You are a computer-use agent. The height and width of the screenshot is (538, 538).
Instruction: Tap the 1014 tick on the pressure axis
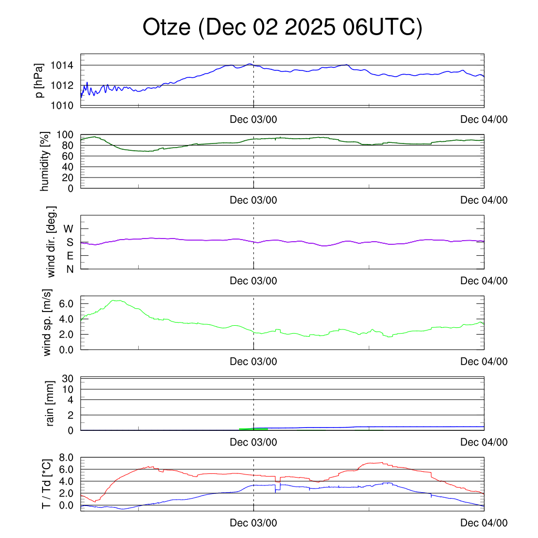tap(62, 65)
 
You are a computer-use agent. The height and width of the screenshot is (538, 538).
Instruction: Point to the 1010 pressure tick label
tap(62, 106)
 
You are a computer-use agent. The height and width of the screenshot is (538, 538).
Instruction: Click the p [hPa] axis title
tap(39, 80)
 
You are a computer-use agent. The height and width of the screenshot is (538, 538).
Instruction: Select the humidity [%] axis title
tap(45, 161)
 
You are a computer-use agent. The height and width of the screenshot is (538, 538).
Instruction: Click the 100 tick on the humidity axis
tap(65, 135)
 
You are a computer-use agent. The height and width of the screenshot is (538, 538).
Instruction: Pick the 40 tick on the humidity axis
tap(68, 167)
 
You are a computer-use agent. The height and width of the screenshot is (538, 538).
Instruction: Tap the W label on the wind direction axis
tap(69, 229)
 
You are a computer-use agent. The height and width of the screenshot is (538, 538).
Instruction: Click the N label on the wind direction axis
tap(69, 269)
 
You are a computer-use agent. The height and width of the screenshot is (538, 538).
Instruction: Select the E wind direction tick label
tap(69, 256)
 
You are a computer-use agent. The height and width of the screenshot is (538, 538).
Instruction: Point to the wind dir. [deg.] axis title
tap(51, 242)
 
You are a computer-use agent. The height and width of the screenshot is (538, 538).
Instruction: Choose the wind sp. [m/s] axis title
tap(48, 323)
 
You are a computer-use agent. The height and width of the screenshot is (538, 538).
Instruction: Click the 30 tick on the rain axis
tap(68, 378)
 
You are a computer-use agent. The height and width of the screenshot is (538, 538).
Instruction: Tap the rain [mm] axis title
tap(50, 404)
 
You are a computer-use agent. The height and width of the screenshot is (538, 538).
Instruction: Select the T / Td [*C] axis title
tap(47, 483)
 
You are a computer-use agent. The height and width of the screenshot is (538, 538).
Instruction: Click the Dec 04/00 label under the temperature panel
tap(484, 523)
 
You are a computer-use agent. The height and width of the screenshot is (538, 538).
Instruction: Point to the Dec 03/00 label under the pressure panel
tap(253, 119)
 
